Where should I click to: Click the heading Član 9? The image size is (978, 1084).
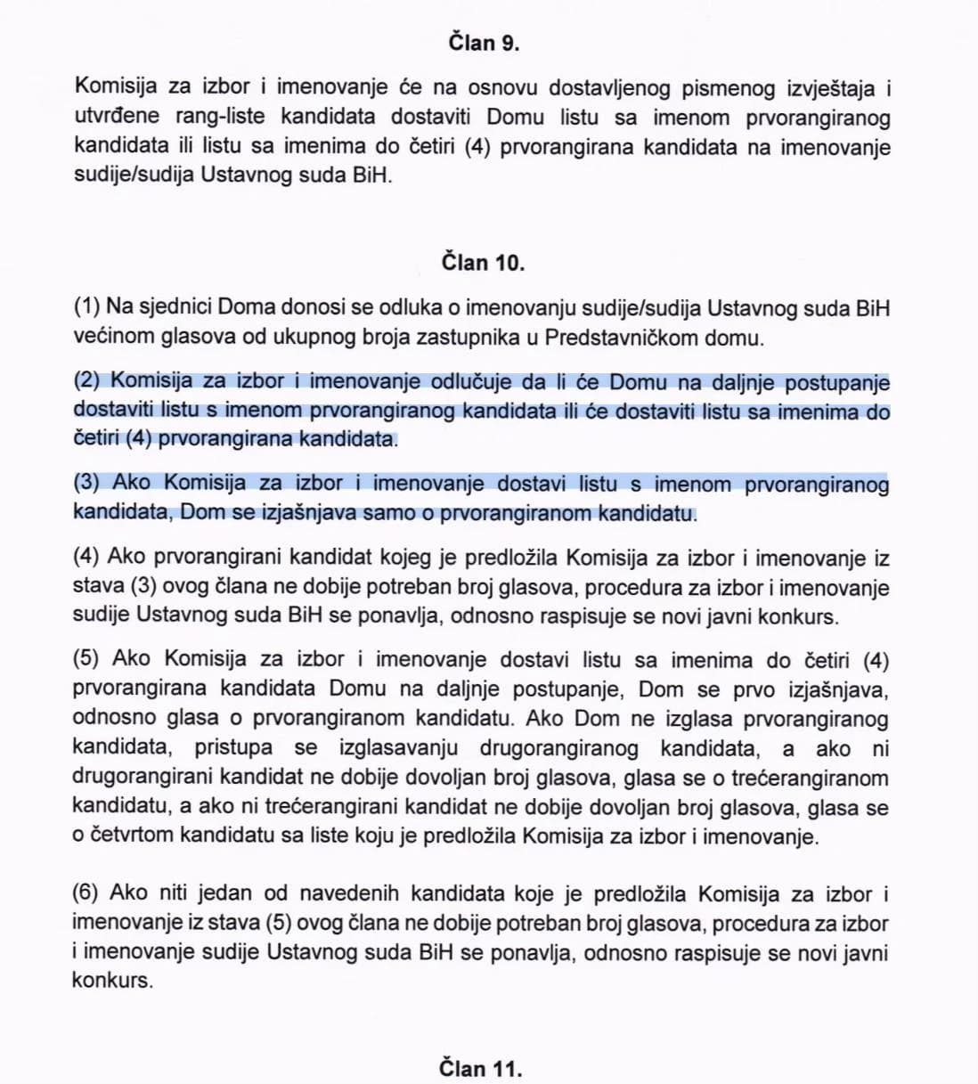[484, 43]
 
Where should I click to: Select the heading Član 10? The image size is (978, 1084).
[484, 263]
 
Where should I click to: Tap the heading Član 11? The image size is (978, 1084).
[480, 1068]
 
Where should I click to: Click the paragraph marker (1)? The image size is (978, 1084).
[86, 308]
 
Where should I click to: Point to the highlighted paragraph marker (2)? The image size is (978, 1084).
[89, 381]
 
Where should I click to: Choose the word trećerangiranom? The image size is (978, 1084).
[810, 778]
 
